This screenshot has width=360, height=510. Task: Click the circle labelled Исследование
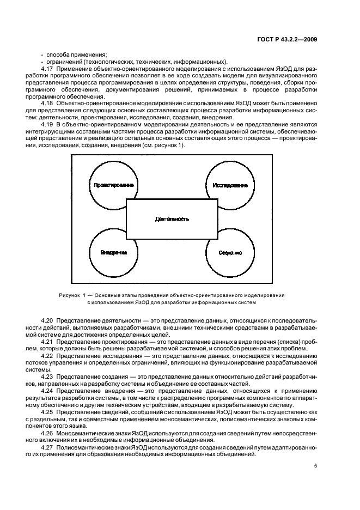(230, 185)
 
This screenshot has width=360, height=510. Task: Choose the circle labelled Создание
(230, 253)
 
